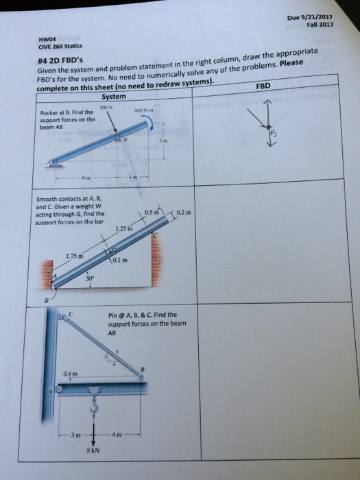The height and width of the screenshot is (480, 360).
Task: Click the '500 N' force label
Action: point(104,108)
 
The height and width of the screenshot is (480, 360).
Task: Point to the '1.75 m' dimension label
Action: point(75,257)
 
